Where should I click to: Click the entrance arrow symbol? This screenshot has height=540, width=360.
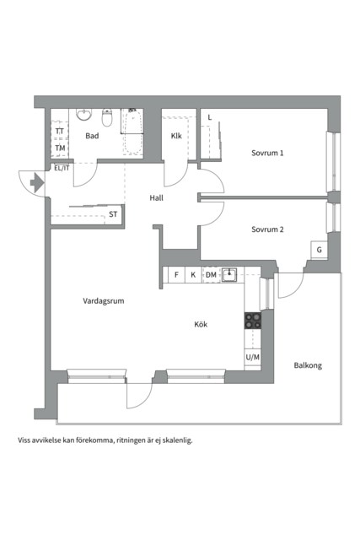[37, 182]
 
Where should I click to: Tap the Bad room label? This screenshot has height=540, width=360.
[92, 136]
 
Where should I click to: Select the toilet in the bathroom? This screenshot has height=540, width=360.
[107, 117]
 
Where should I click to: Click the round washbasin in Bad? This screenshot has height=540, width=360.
[84, 114]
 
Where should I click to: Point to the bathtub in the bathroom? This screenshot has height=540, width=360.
[133, 132]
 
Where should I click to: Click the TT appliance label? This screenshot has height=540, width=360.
[60, 132]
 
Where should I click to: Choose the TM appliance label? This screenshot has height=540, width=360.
[60, 148]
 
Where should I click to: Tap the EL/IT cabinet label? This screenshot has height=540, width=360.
[62, 169]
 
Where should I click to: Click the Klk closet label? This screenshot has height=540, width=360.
[176, 136]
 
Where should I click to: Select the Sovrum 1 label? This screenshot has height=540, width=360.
[267, 153]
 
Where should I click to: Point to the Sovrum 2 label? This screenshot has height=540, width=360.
[267, 229]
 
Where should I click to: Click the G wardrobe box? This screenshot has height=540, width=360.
[319, 250]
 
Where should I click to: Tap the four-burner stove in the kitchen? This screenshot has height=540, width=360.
[253, 321]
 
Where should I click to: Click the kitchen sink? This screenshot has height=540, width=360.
[228, 274]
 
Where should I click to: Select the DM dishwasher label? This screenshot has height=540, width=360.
[211, 275]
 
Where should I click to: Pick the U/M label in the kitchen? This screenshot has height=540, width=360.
[253, 358]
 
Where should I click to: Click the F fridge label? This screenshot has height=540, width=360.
[176, 275]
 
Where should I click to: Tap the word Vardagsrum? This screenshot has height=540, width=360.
[103, 301]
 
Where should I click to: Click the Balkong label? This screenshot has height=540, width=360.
[308, 365]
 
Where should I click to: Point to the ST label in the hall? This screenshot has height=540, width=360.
[113, 214]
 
